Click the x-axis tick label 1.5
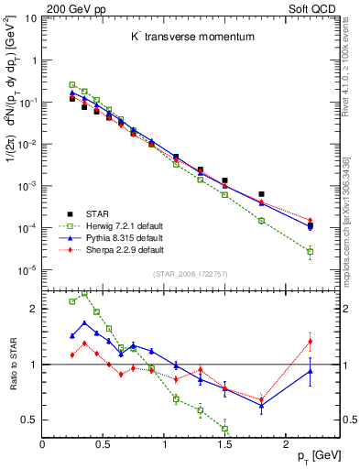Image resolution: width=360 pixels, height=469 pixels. click(224, 444)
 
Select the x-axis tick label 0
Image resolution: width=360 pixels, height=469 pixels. click(42, 444)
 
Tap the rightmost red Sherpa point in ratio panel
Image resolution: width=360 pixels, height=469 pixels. click(310, 342)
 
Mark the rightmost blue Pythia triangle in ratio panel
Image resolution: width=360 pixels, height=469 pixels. click(310, 370)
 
